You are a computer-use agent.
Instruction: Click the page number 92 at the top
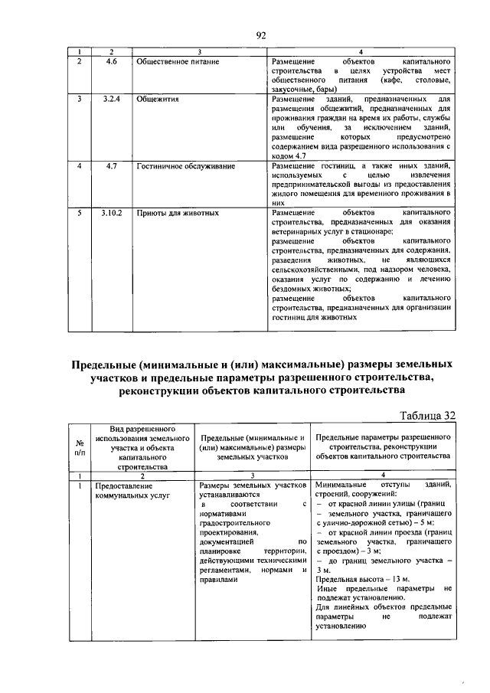coord(260,35)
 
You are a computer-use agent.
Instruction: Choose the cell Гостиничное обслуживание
coord(185,165)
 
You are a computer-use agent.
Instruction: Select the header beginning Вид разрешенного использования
coord(139,446)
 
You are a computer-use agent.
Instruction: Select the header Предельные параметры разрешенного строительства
coord(382,446)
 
